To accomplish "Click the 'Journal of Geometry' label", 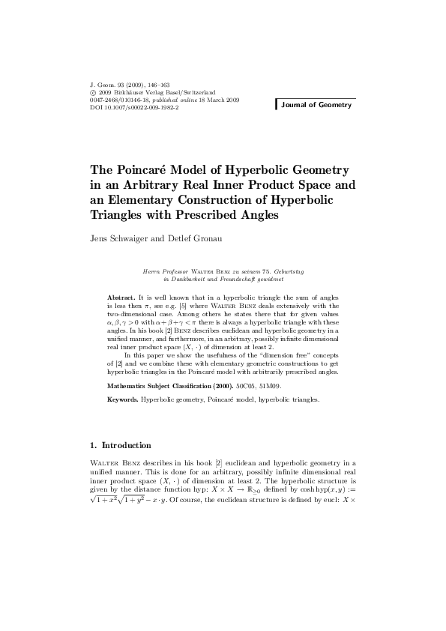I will point(316,105).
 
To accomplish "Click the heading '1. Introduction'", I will point(120,445).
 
